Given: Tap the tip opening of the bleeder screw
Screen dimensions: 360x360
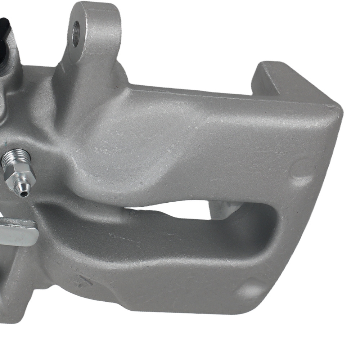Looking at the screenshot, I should [x=24, y=194].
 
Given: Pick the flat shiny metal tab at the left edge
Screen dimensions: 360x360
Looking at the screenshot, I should [x=18, y=232].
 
